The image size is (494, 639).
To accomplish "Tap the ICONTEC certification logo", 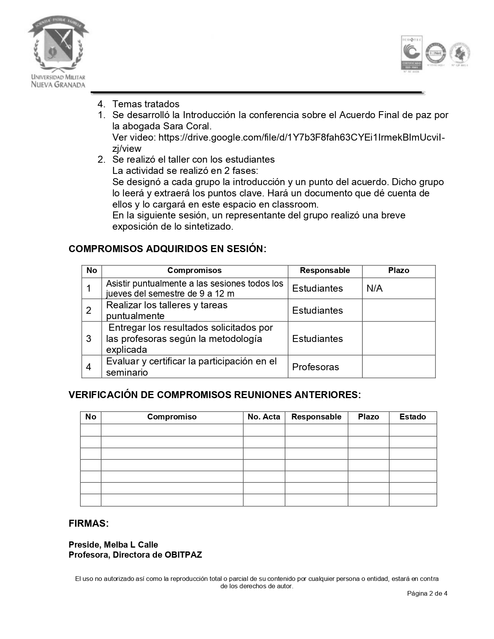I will (x=411, y=53).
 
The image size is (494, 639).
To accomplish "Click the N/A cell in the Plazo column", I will (x=374, y=289).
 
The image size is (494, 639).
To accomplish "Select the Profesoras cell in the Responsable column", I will (x=315, y=367).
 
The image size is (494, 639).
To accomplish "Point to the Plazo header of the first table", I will (x=399, y=271).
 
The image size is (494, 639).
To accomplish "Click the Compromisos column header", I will (x=195, y=271).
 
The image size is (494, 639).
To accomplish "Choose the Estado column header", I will (x=413, y=417).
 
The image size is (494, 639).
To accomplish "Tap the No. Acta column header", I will (x=264, y=417).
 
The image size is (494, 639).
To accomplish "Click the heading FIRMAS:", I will (x=89, y=524).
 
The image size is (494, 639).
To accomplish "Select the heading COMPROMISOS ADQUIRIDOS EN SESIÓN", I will (x=167, y=249).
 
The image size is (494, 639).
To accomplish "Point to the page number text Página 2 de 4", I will (x=427, y=593).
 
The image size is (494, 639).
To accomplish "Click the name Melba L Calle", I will (x=131, y=545).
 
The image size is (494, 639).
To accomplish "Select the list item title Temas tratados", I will (x=146, y=104).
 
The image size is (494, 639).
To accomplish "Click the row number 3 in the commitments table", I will (x=89, y=339).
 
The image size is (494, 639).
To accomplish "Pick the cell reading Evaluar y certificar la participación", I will (x=191, y=367).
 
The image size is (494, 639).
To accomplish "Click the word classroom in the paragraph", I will (x=294, y=204).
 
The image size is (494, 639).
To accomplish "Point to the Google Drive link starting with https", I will (x=301, y=137).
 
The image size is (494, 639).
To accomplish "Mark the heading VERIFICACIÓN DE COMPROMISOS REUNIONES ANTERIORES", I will (x=215, y=395).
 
